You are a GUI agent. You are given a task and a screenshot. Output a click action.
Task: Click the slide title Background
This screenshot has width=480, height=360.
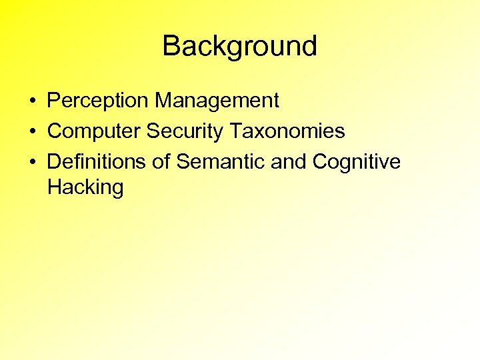point(239,47)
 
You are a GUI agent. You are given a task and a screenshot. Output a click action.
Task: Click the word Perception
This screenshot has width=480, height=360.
point(99,101)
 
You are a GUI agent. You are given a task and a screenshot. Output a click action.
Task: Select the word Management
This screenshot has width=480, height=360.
point(217,101)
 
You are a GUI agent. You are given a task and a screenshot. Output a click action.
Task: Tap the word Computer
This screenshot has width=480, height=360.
point(94,131)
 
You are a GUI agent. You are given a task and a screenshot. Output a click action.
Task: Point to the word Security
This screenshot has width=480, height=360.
point(185,131)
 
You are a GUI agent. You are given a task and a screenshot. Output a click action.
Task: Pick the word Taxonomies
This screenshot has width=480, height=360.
point(287,131)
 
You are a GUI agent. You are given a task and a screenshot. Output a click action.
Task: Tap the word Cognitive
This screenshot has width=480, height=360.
point(357,162)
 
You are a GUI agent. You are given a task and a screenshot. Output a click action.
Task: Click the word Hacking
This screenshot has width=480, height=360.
point(85,188)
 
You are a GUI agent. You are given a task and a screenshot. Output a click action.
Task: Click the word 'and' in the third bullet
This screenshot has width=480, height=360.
point(288,162)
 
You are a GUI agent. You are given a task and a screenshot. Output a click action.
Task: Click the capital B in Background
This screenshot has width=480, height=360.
point(172,47)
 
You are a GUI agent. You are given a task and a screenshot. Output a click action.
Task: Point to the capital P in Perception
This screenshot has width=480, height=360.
point(54,101)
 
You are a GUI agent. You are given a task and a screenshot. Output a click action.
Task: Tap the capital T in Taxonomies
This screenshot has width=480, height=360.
point(237,131)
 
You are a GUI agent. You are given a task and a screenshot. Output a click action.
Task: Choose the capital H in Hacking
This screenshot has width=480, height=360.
point(55,187)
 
